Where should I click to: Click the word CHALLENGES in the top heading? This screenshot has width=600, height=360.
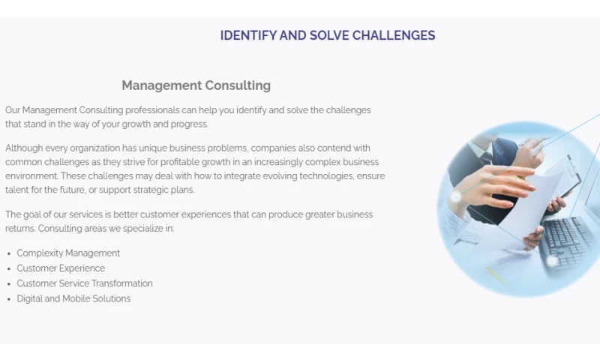point(393,35)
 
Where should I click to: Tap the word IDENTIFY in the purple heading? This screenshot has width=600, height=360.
point(248,35)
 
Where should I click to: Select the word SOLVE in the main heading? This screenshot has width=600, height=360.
point(329,35)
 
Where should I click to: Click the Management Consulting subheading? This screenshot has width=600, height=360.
point(196,85)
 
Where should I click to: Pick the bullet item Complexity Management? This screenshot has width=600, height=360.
point(68,253)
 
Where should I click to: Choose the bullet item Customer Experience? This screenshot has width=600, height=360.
point(61,268)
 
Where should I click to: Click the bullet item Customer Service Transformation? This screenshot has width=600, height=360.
point(85,283)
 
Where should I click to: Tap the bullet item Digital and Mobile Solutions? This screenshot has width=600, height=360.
point(73,298)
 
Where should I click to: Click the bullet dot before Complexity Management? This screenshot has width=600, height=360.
point(9,254)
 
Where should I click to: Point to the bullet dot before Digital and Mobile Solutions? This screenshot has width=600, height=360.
point(9,299)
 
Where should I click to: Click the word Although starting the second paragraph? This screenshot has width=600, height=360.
point(24,148)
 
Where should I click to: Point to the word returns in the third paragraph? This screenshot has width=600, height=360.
point(20,229)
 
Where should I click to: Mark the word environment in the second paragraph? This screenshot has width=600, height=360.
point(31,176)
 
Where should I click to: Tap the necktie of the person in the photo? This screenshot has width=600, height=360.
point(487,157)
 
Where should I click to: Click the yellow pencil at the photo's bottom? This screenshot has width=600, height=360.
point(499,277)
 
